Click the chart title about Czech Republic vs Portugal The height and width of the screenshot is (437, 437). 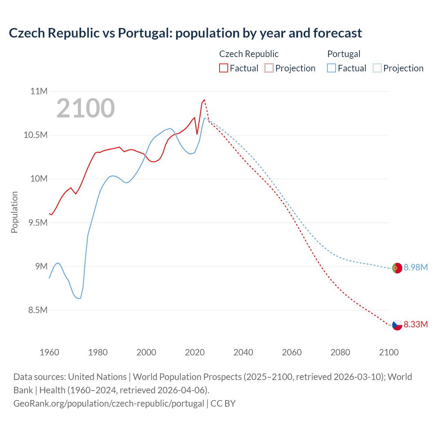coord(185,33)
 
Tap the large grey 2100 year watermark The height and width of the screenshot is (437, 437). coord(85,108)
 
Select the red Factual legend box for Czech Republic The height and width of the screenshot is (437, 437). coord(223,68)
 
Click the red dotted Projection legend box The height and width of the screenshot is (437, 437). coord(269,68)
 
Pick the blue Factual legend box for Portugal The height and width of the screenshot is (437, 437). coord(331,68)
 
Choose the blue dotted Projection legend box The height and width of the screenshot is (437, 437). coord(377,68)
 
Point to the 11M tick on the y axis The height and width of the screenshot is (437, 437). coord(39,91)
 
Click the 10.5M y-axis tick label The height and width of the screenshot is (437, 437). coord(35,135)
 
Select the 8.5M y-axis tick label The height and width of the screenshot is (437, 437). coord(38,310)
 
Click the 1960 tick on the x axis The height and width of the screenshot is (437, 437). coord(49,352)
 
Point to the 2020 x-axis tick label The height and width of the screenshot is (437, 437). coord(195,352)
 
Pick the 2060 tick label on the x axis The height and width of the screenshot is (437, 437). coord(292,352)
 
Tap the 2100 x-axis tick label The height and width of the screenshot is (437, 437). coord(389,352)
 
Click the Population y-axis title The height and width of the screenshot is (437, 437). coord(14,212)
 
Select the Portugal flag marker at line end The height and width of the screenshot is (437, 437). coord(397,268)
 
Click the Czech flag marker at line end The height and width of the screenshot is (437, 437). coord(397,325)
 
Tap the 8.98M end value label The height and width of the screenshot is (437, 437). coord(415,267)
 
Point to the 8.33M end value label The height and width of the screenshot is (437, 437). coord(415,324)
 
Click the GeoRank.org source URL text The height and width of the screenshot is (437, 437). coord(109,403)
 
